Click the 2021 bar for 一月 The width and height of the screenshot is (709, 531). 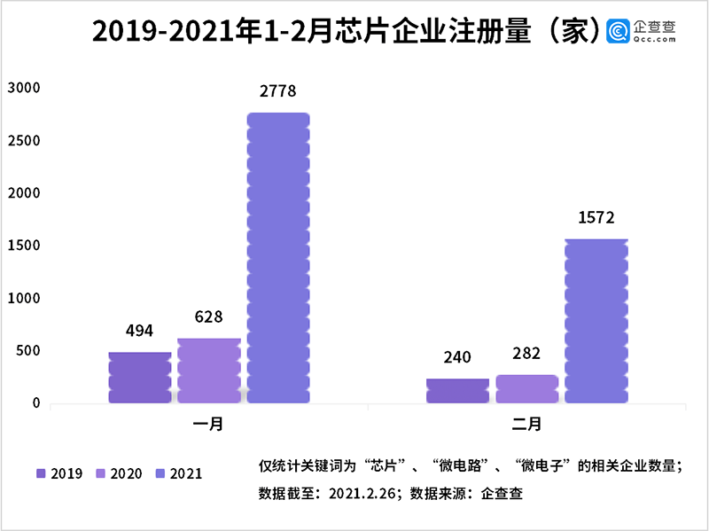pyautogui.click(x=278, y=258)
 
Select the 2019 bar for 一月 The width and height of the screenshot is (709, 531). pyautogui.click(x=140, y=378)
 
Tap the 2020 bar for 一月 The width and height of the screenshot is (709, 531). pyautogui.click(x=209, y=371)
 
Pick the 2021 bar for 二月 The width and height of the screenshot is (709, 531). pyautogui.click(x=596, y=321)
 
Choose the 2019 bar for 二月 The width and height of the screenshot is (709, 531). pyautogui.click(x=457, y=391)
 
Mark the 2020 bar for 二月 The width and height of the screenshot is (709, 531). pyautogui.click(x=526, y=389)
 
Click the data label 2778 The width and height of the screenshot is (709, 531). pyautogui.click(x=278, y=91)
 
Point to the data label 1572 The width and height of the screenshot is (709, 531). pyautogui.click(x=596, y=217)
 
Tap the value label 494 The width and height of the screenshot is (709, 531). pyautogui.click(x=140, y=331)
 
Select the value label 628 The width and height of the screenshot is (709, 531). pyautogui.click(x=209, y=316)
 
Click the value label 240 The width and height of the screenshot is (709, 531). pyautogui.click(x=457, y=357)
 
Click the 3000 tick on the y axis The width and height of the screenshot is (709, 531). pyautogui.click(x=24, y=87)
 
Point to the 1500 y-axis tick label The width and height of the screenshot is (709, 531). pyautogui.click(x=24, y=246)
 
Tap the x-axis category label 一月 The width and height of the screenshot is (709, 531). pyautogui.click(x=208, y=425)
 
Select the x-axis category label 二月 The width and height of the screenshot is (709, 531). pyautogui.click(x=526, y=425)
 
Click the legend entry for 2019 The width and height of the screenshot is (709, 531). pyautogui.click(x=59, y=473)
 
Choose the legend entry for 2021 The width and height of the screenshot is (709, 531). pyautogui.click(x=178, y=473)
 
